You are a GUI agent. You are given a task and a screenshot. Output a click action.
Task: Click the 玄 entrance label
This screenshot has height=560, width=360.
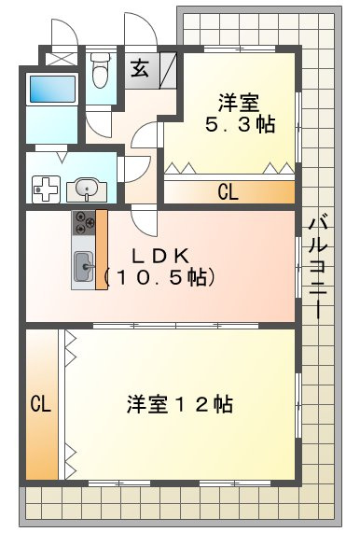(x=140, y=68)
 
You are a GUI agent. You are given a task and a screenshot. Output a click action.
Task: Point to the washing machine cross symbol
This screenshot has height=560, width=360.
(x=45, y=189)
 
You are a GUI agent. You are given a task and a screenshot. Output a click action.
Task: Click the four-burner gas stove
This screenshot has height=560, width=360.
(x=84, y=223)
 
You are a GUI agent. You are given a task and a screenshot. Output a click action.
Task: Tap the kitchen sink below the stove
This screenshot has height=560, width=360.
(x=83, y=267)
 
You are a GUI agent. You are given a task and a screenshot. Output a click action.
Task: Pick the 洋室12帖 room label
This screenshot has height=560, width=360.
(x=180, y=404)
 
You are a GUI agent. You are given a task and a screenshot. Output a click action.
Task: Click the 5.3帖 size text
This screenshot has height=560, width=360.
(x=240, y=125)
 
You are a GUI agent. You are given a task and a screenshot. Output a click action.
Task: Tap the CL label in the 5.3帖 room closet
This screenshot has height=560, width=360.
(x=228, y=193)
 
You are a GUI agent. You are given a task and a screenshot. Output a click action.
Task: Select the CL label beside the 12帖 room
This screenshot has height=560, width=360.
(x=39, y=404)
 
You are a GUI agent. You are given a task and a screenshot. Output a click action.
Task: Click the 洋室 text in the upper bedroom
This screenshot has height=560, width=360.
(x=239, y=101)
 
